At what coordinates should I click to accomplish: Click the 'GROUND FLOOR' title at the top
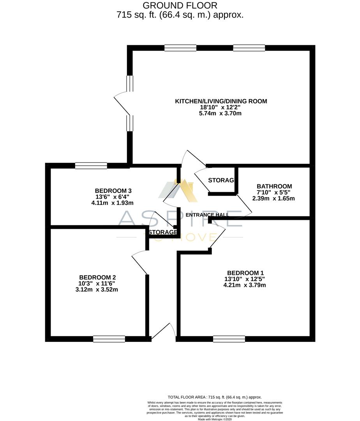[180, 5]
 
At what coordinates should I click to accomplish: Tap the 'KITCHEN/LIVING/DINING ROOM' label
[221, 101]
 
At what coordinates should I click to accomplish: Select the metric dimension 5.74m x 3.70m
[221, 113]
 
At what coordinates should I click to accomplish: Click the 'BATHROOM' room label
[274, 186]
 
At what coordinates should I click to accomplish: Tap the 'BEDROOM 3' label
[113, 191]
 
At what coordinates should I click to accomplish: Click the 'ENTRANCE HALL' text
[207, 215]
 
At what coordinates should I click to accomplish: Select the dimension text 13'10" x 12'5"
[244, 279]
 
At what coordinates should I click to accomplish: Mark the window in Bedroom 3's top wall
[91, 166]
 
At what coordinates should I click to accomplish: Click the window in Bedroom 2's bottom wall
[109, 339]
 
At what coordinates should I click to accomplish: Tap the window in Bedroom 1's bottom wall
[229, 339]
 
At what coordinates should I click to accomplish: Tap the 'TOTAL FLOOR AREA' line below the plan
[215, 397]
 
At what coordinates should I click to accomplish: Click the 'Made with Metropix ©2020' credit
[215, 419]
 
